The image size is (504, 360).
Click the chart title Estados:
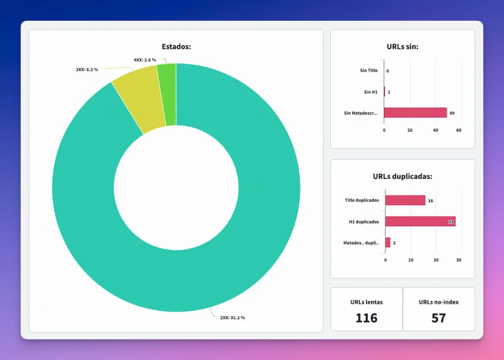coord(176,47)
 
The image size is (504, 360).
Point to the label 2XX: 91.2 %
coord(232,318)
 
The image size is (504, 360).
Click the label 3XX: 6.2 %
coord(87,69)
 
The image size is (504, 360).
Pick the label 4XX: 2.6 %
coord(145,60)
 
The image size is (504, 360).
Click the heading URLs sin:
coord(402,47)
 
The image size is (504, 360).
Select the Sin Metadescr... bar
coord(415,113)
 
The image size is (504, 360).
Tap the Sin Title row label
coord(369,70)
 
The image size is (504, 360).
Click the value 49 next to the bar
coord(452,113)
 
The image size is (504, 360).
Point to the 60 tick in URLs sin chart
coord(459,131)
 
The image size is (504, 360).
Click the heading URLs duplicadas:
coord(402,176)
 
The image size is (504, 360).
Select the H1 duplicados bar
coord(420,222)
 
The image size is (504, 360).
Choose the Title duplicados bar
coord(405,200)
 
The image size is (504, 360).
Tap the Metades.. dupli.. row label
coord(361,243)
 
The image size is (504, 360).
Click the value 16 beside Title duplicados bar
coord(431,201)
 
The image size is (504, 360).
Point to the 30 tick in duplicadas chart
coord(459,260)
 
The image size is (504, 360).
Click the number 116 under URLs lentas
coord(366,318)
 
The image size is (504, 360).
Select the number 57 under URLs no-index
coord(439,318)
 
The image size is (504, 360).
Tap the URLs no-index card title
coord(439,302)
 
